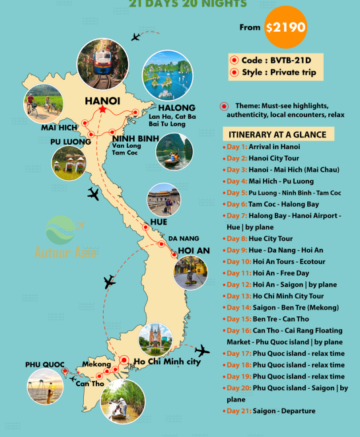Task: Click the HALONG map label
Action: [x=176, y=108]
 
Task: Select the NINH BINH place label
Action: [x=135, y=139]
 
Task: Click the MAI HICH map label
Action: [x=59, y=127]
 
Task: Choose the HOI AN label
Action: [x=194, y=251]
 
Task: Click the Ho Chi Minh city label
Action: [x=167, y=361]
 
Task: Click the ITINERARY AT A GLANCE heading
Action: [x=278, y=134]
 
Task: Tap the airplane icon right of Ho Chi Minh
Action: [x=203, y=350]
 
